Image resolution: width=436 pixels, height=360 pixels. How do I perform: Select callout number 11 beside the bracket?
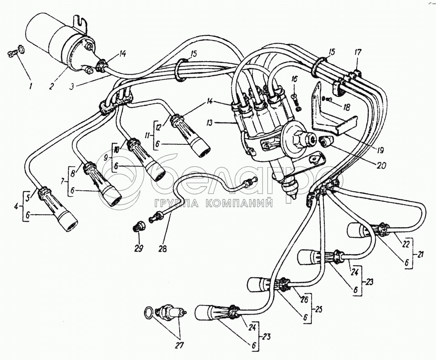[148, 135]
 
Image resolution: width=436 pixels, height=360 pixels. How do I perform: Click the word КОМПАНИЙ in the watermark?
[239, 203]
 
